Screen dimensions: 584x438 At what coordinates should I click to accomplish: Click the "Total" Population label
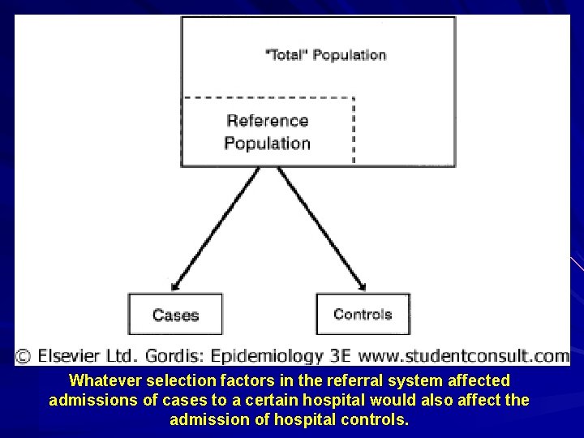[x=326, y=55]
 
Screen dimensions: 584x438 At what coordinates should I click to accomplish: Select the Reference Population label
[x=268, y=132]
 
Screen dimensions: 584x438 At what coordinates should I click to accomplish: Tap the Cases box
[x=175, y=315]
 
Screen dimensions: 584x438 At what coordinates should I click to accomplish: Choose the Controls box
[x=363, y=314]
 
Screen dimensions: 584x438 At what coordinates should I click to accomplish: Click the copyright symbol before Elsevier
[x=24, y=355]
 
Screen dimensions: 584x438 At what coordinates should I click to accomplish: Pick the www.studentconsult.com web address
[x=463, y=355]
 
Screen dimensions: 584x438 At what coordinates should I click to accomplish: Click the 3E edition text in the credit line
[x=337, y=355]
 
